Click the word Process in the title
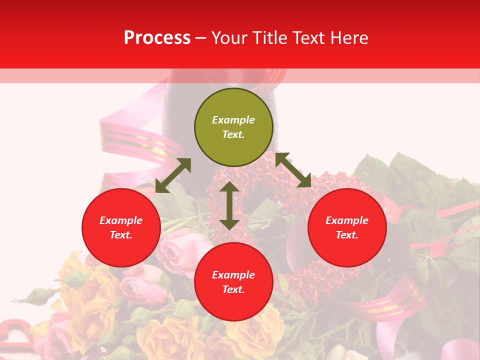pos(157,38)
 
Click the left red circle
pos(121,227)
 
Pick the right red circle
pos(347,227)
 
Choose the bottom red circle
pos(233,282)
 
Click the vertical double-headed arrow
pos(229,205)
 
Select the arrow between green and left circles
pos(173,175)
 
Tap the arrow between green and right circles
pos(293,170)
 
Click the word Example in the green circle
pos(233,120)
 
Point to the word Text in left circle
pos(120,235)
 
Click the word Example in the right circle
pos(347,220)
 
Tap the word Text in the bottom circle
pos(233,289)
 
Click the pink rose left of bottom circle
pos(180,250)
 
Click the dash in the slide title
pos(201,38)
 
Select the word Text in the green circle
pos(233,134)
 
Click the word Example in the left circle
pos(121,220)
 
